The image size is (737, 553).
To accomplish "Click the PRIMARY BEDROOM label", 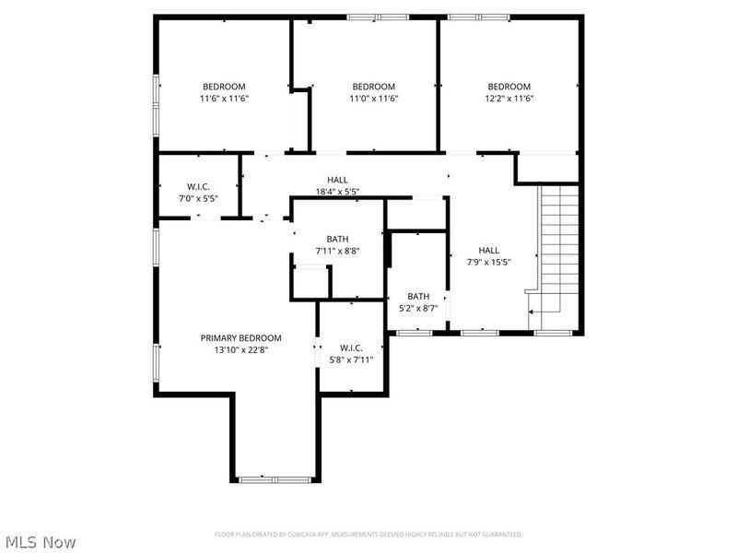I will (240, 338).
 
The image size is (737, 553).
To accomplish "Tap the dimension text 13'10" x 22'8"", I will (240, 349).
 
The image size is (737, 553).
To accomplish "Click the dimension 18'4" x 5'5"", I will (337, 192).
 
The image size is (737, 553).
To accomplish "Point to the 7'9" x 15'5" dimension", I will (488, 262).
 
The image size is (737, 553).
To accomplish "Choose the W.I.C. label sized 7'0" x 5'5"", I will (198, 186).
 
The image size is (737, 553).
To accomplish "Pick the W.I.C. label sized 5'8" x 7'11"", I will (351, 347).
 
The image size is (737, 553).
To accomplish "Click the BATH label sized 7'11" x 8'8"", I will (337, 239).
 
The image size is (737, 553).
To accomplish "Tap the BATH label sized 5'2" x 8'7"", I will (418, 296).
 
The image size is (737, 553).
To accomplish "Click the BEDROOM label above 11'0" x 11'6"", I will (373, 87).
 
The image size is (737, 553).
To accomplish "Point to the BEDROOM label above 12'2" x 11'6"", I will (509, 87).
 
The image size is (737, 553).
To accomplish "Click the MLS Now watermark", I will (41, 542).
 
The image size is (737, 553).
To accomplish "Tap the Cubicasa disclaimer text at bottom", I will (368, 535).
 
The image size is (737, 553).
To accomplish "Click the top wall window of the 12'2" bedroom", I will (479, 17).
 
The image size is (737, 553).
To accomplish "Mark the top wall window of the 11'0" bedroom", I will (378, 17).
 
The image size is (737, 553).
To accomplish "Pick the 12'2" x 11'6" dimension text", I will (509, 99).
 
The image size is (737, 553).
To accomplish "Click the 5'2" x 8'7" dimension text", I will (418, 308).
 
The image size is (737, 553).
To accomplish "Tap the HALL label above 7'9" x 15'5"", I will (488, 250).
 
